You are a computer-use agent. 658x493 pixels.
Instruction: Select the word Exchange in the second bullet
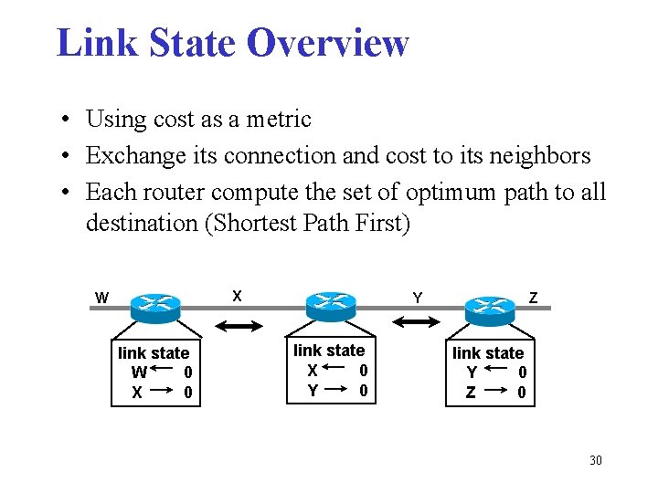pos(128,156)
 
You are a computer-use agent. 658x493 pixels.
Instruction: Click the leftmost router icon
pos(157,306)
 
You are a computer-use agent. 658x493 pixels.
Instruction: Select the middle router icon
pos(329,305)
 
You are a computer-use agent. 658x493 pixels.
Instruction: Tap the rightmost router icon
pos(489,307)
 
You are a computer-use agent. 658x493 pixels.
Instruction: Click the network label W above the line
pos(102,298)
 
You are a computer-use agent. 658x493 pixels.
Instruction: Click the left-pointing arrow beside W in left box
pos(165,372)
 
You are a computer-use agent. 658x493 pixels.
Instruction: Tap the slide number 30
pos(595,460)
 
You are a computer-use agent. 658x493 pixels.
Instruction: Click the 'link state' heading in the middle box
pos(329,351)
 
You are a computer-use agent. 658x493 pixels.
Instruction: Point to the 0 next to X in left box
pos(187,393)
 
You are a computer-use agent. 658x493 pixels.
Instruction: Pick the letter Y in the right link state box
pos(472,372)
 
